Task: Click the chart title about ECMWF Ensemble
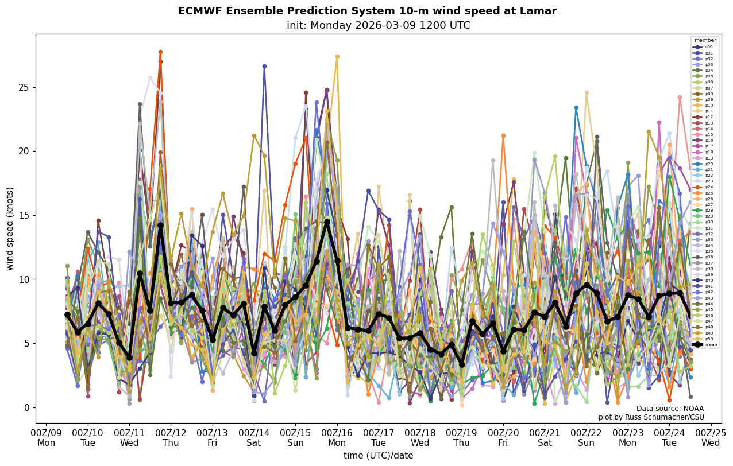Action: (367, 11)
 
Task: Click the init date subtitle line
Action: (378, 25)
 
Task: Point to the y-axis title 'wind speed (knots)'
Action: (10, 228)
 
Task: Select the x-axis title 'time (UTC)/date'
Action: (378, 455)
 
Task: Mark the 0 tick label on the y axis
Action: (26, 407)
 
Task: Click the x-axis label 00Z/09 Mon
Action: (46, 437)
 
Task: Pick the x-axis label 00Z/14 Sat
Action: (254, 437)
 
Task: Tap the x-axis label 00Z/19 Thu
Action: (462, 437)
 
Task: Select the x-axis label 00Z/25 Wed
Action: (711, 437)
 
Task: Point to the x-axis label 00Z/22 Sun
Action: (587, 437)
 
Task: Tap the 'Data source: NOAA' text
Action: (670, 409)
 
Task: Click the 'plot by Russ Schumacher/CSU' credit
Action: (651, 417)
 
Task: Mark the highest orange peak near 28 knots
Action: (160, 52)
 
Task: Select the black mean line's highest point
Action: (327, 222)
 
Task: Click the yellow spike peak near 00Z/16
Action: (337, 57)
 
